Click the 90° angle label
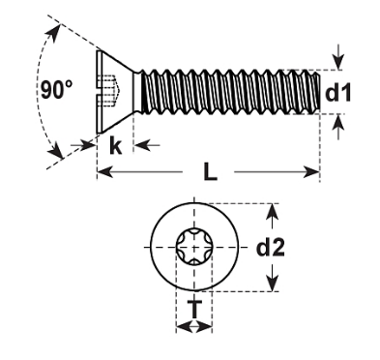coord(57,90)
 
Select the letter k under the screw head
coord(115,145)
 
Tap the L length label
coord(210,171)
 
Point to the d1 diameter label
coord(337,92)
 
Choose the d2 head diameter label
coord(270,248)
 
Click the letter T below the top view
coord(194,309)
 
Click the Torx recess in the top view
coord(194,247)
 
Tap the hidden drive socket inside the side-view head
coord(111,91)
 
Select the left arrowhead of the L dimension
coord(105,172)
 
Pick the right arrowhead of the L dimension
coord(311,172)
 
